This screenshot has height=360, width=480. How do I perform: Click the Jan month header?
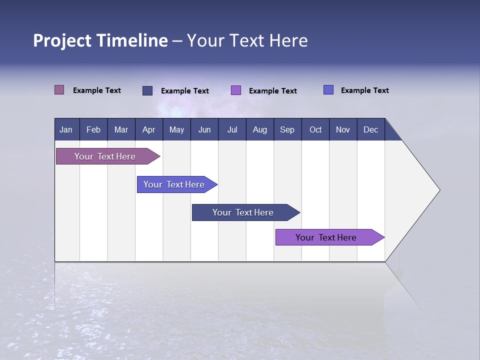pos(66,129)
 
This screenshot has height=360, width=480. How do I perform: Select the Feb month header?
pos(93,129)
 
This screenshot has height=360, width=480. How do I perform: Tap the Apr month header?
pos(148,129)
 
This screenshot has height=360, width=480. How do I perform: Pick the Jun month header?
pos(204,129)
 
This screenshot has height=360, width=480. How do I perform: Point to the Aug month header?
pos(259,129)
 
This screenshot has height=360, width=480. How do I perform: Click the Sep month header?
pos(287,129)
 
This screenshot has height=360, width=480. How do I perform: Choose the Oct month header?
pos(315,129)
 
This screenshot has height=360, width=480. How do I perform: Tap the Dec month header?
pos(370,129)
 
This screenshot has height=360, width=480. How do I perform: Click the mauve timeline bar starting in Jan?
pos(105,156)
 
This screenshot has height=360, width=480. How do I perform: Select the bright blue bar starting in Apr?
pos(174,184)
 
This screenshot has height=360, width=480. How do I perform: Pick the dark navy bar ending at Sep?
pos(243,212)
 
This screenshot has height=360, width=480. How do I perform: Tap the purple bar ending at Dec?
pos(326,237)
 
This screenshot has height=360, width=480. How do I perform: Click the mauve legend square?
pos(59,90)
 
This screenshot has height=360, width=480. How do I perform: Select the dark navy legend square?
pos(147,90)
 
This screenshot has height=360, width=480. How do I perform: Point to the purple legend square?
pos(236,90)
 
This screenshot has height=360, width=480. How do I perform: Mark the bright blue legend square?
pos(328,90)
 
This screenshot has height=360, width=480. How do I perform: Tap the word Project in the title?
pos(62,40)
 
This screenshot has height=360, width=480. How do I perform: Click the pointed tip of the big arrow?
pos(438,190)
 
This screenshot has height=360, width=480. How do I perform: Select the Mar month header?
pos(121,129)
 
